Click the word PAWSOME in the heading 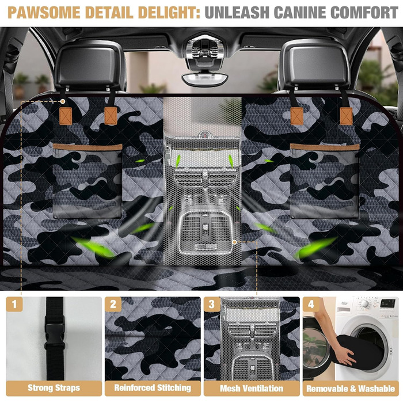click(x=44, y=12)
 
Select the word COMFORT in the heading click(x=364, y=12)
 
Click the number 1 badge click(x=14, y=305)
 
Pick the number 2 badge click(x=113, y=305)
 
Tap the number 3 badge click(x=212, y=305)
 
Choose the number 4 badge click(x=311, y=305)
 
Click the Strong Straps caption click(x=54, y=387)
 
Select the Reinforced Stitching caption click(x=153, y=387)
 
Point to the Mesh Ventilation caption click(x=252, y=388)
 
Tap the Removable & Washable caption click(x=351, y=389)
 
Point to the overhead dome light click(x=204, y=78)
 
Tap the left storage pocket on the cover click(x=88, y=181)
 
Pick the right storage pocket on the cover click(x=325, y=181)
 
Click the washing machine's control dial click(x=365, y=304)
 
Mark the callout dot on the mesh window click(x=234, y=242)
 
